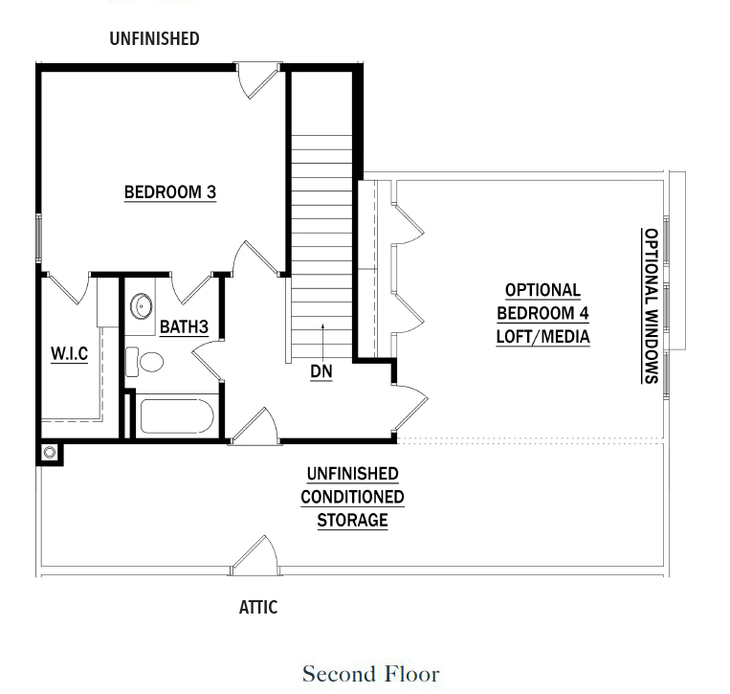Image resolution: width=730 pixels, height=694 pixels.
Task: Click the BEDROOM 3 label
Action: tap(170, 192)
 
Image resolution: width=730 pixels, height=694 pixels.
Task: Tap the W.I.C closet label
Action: tap(69, 354)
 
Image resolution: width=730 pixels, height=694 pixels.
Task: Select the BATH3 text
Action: tap(184, 327)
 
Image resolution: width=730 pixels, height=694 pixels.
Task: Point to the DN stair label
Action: tap(321, 370)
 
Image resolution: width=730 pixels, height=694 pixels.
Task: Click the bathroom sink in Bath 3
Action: tap(142, 306)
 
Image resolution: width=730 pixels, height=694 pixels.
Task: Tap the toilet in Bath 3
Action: tap(145, 363)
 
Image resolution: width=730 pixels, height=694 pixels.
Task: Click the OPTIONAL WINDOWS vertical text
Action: tap(650, 305)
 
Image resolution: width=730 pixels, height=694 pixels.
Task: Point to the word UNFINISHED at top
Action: tap(154, 38)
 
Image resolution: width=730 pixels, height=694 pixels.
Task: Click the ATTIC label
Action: tap(258, 607)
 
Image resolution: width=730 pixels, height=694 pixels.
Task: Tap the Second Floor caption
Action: tap(371, 673)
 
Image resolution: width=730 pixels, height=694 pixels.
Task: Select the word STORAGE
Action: tap(352, 521)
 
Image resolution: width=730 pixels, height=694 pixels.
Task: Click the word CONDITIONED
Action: tap(352, 498)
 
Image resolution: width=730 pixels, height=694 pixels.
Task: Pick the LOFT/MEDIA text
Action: tap(542, 336)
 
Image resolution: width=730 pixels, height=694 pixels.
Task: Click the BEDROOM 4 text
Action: tap(542, 313)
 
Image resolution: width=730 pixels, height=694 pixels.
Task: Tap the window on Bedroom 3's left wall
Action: tap(39, 239)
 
